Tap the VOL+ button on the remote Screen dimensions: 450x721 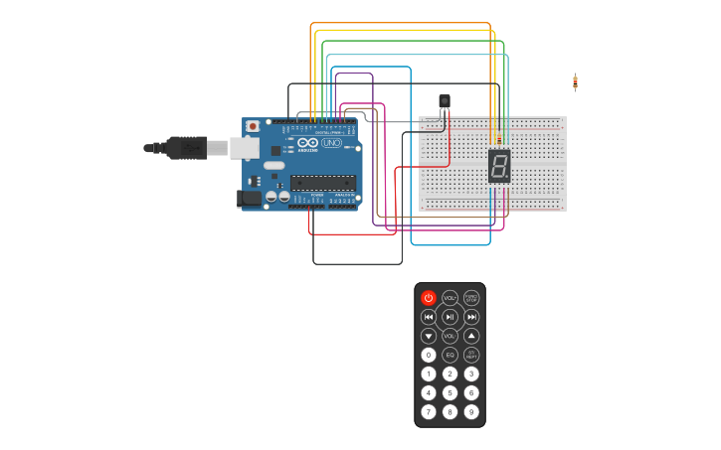(450, 298)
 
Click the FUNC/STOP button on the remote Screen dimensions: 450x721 (471, 298)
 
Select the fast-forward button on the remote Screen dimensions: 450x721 (471, 317)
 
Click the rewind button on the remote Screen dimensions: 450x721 (429, 317)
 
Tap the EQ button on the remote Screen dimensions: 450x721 (450, 355)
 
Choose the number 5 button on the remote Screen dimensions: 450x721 (450, 392)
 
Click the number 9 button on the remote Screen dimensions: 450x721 (471, 411)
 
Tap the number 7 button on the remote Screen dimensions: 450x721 (429, 411)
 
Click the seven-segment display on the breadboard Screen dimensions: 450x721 (499, 166)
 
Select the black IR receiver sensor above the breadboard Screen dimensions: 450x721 (445, 100)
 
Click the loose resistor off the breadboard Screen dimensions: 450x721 (575, 82)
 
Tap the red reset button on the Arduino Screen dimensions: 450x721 (253, 126)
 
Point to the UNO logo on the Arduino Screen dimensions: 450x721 (331, 143)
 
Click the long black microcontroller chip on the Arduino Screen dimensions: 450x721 (322, 183)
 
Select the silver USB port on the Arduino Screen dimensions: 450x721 (245, 148)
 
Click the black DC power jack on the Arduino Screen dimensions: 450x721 (251, 198)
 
